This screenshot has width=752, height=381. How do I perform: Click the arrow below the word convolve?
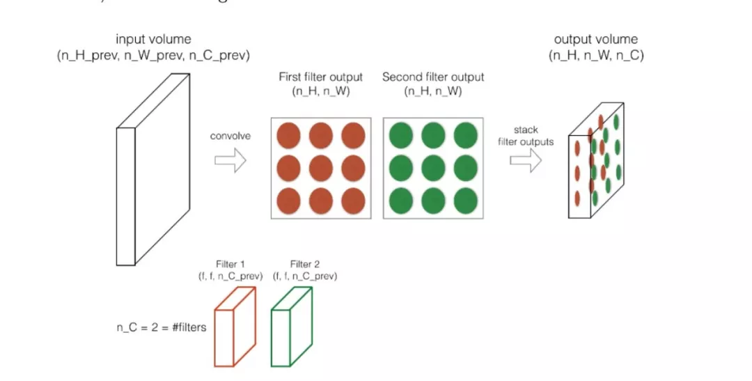point(230,162)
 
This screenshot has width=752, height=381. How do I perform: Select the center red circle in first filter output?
point(321,168)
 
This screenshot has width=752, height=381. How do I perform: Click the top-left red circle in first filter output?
point(288,135)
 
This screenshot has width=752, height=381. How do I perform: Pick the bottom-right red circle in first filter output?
point(353,201)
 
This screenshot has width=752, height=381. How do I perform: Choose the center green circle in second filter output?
point(433,168)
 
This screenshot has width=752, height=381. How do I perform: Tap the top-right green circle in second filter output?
point(466,135)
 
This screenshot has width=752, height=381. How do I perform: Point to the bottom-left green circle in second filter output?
point(400,201)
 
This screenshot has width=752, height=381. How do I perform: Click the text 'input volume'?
point(153,40)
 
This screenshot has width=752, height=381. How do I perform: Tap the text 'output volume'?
point(596,40)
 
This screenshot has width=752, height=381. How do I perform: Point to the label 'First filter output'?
point(321,77)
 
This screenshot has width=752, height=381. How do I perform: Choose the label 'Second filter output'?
point(433,77)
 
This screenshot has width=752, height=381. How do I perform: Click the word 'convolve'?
point(230,136)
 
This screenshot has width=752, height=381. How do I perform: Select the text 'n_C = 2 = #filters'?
point(161,327)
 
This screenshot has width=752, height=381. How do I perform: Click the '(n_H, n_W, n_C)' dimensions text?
point(597,55)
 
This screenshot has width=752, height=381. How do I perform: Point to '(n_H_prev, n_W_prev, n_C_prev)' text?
point(153,55)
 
